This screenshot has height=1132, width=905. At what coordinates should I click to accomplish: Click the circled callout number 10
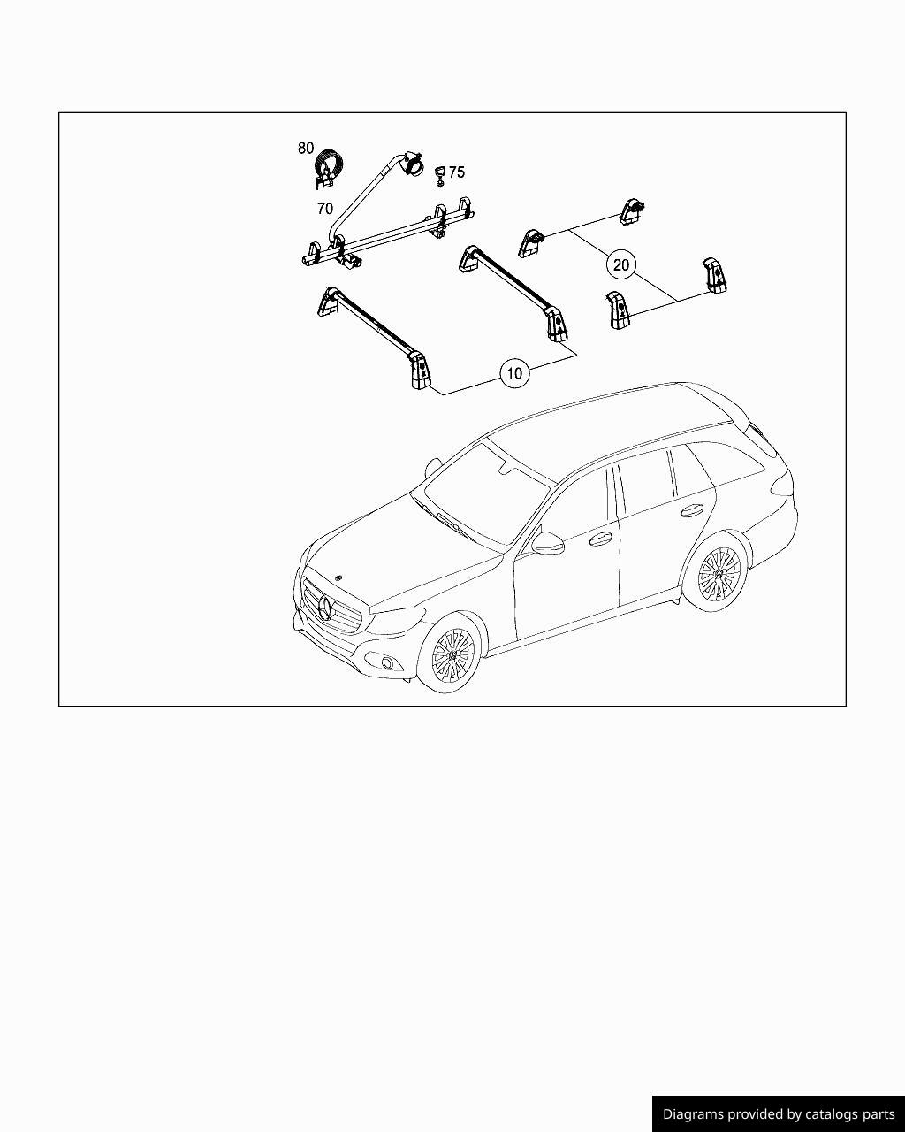click(514, 373)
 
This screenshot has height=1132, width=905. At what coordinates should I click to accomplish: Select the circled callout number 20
click(621, 264)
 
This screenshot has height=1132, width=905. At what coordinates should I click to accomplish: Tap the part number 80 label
click(306, 149)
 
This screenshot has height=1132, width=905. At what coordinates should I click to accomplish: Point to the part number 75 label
click(456, 172)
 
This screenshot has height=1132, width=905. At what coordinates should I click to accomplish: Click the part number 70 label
click(325, 209)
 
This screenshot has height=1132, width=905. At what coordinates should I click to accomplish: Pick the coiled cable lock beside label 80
click(327, 168)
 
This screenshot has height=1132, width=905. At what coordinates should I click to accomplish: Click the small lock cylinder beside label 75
click(439, 176)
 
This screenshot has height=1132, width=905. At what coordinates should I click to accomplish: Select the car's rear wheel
click(719, 572)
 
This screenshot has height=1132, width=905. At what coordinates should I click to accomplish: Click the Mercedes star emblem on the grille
click(326, 608)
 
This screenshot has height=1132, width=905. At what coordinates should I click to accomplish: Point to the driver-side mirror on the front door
click(547, 543)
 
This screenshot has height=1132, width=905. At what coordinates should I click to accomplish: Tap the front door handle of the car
click(600, 539)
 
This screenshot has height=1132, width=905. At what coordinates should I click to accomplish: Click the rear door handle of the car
click(691, 509)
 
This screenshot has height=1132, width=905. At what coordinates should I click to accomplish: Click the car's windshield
click(486, 493)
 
